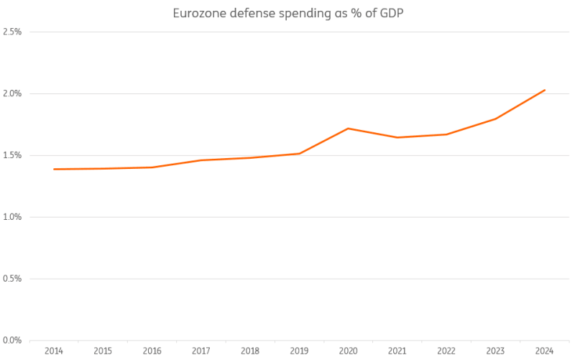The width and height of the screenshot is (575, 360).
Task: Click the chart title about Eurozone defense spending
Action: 287,13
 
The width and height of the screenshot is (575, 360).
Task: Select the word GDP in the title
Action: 389,13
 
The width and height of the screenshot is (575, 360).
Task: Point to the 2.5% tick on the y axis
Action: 12,32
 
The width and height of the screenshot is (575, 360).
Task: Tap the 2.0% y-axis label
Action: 12,93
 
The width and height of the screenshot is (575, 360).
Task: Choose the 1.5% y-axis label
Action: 12,155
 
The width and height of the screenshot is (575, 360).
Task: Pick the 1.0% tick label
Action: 12,217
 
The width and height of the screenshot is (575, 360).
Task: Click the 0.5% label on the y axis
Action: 12,278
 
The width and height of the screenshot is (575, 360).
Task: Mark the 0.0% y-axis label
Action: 12,340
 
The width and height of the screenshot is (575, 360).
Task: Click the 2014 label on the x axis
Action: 54,351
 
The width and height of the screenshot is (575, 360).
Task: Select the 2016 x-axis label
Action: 152,351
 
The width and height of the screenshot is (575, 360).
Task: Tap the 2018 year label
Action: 250,351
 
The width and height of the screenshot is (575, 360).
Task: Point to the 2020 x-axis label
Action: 348,351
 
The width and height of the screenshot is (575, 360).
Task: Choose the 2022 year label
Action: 446,351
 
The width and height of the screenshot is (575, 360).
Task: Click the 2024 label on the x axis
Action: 545,351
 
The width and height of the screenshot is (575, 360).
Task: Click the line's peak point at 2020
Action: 348,129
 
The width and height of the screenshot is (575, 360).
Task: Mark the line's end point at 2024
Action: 545,90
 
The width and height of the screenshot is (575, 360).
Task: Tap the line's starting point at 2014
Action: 54,169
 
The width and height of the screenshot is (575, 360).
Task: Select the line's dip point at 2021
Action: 397,137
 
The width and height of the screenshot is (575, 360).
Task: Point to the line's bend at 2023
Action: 496,119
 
